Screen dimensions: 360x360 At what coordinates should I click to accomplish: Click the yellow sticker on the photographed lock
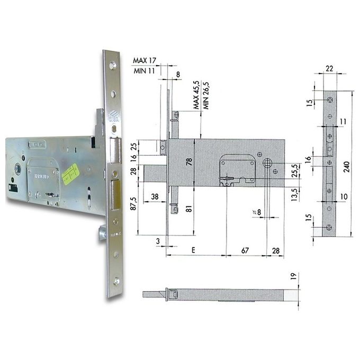[70, 172]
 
